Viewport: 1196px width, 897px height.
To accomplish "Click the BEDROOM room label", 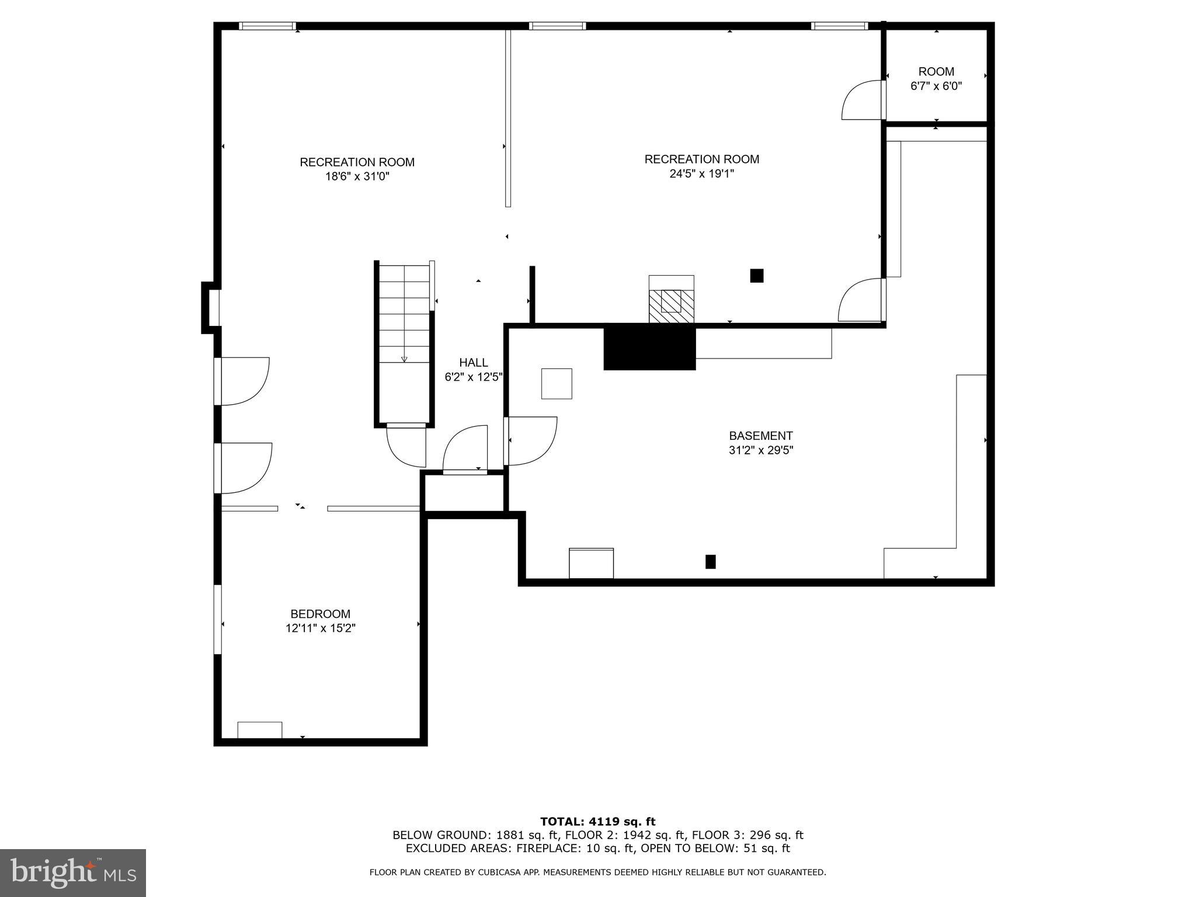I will coord(320,614).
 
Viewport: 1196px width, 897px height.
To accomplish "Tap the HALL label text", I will coord(473,363).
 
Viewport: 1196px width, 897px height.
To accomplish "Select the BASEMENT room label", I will coord(760,436).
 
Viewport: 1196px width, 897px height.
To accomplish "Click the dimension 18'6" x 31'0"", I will coord(357,176).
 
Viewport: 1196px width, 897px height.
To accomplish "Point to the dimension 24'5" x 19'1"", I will coord(701,173).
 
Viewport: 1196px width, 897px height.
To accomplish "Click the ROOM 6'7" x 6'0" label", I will coord(936,79).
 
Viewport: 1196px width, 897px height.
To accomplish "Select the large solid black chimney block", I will coord(649,348).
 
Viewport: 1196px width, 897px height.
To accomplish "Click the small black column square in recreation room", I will coord(756,276).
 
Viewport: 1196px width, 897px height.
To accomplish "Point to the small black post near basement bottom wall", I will coord(710,561).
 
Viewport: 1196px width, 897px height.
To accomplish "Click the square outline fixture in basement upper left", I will coord(556,384).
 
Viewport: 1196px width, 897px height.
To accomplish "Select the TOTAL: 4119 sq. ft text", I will coord(597,822).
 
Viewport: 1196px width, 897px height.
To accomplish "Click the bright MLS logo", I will coord(73,872).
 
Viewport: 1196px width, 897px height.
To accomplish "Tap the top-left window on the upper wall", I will coord(267,26).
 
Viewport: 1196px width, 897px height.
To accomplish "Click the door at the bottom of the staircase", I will coord(406,445).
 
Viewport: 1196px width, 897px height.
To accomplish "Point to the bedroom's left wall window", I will coord(218,619).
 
